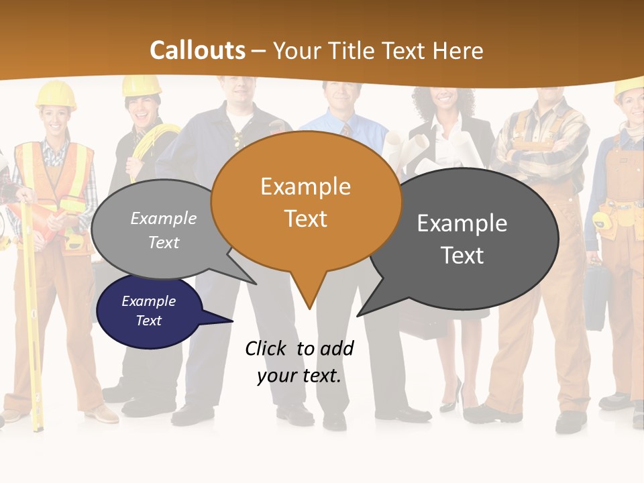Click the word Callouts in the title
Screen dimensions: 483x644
(197, 50)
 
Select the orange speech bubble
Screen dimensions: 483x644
(306, 201)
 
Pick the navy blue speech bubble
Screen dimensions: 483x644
(149, 311)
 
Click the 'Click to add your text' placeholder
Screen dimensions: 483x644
(299, 362)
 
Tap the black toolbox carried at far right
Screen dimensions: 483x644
(596, 295)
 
